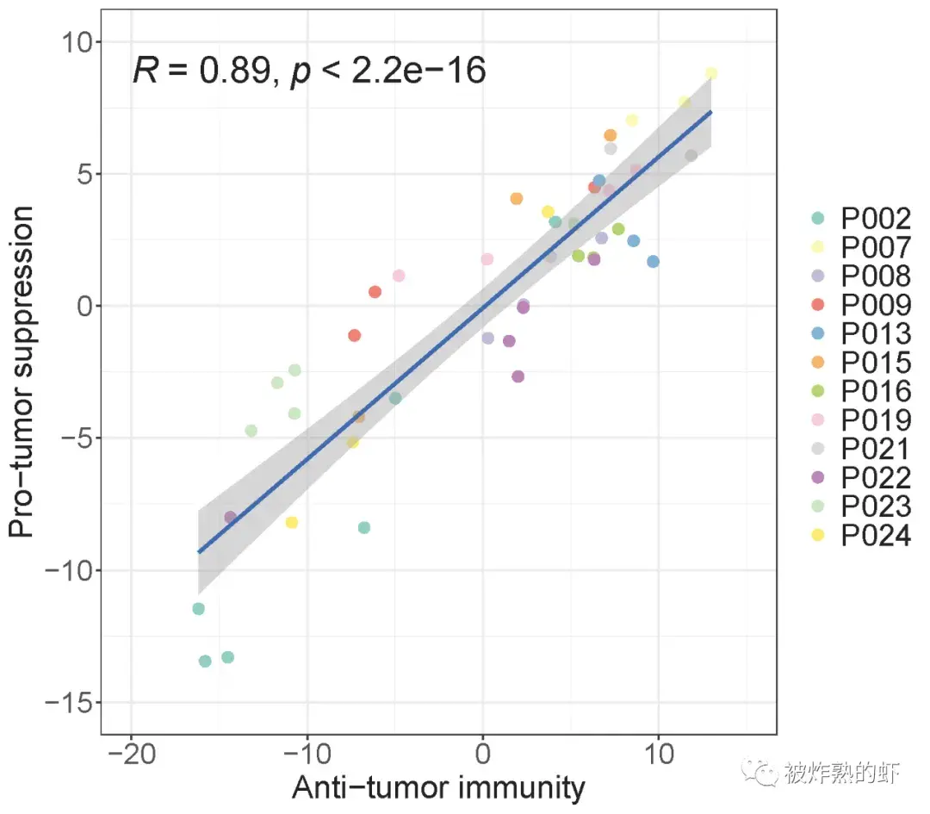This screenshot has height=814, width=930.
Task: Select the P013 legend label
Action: point(875,334)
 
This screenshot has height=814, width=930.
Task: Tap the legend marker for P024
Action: point(817,535)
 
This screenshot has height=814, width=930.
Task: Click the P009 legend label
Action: point(875,305)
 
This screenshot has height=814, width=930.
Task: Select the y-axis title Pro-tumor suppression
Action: point(23,371)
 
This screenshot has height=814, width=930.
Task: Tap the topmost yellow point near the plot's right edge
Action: point(710,73)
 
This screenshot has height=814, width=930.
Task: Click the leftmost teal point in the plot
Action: point(198,609)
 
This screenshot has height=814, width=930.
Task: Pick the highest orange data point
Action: point(610,135)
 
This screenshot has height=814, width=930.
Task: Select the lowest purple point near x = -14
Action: point(230,518)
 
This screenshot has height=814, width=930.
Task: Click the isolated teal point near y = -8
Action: point(364,528)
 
